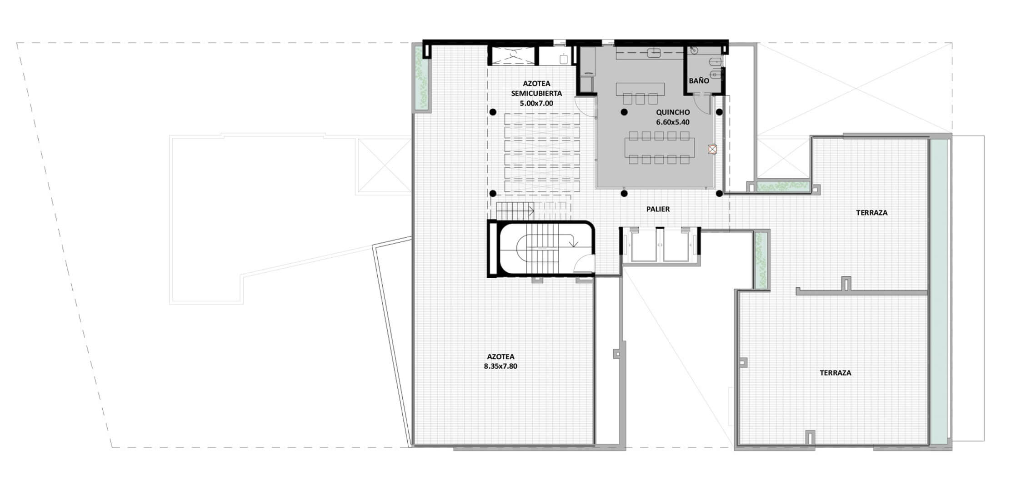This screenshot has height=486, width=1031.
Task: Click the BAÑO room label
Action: (699, 81)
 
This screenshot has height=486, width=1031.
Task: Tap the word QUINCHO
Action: (673, 112)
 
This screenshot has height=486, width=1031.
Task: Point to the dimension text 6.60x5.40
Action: (673, 122)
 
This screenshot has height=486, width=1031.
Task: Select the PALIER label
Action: (658, 209)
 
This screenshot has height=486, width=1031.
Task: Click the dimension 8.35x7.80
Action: (500, 366)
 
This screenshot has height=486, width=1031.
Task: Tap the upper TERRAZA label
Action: (871, 212)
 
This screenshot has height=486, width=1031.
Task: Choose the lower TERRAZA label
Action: (836, 373)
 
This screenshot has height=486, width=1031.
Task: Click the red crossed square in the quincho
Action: (712, 149)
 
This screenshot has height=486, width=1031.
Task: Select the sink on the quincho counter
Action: (654, 53)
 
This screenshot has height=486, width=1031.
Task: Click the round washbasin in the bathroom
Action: (694, 51)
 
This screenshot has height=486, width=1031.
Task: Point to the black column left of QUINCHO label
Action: (625, 112)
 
